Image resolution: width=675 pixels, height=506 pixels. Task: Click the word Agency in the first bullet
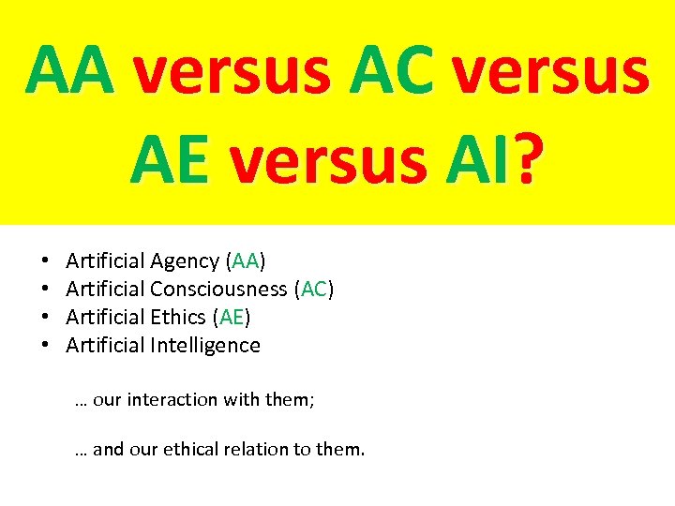184,261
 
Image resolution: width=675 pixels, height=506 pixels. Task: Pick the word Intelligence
204,346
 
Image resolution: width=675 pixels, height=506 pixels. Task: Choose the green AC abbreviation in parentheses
314,290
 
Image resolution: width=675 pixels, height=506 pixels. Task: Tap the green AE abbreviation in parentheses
231,318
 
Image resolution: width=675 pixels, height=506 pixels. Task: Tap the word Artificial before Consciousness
105,290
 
